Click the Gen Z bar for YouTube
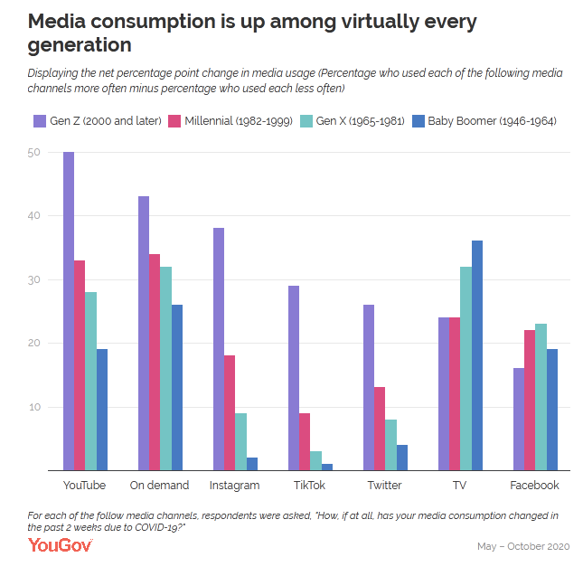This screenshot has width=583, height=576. click(69, 311)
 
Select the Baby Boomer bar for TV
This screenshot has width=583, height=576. click(477, 355)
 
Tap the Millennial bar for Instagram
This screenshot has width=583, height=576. click(230, 412)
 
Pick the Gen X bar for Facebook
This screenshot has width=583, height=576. click(541, 397)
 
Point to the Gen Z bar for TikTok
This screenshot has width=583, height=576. click(294, 378)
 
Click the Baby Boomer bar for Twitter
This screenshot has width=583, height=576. click(402, 457)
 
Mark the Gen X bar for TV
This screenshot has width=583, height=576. click(465, 368)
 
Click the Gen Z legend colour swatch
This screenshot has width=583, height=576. click(40, 120)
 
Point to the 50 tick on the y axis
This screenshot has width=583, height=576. click(33, 153)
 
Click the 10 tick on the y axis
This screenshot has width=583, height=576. click(33, 407)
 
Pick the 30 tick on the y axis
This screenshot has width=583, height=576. click(33, 280)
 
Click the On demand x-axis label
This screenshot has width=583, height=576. click(160, 486)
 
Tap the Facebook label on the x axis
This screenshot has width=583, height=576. click(535, 486)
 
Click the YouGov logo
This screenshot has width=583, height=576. click(61, 544)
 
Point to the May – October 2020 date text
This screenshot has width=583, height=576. click(523, 547)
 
